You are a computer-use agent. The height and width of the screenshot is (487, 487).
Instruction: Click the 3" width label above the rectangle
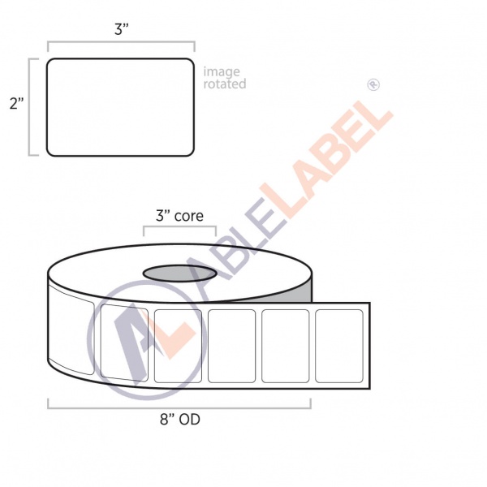122,29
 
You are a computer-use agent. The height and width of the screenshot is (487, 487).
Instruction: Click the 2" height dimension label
16,103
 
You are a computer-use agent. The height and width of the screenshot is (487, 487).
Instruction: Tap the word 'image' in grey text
222,72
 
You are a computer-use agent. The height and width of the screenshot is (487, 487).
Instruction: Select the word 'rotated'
225,84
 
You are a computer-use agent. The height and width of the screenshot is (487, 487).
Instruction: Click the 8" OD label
180,420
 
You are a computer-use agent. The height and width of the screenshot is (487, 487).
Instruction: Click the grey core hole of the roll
179,274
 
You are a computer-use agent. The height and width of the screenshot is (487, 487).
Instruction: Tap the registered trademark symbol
373,84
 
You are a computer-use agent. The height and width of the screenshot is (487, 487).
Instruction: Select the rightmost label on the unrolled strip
338,346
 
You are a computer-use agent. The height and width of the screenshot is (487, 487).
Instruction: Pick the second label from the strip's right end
285,346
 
